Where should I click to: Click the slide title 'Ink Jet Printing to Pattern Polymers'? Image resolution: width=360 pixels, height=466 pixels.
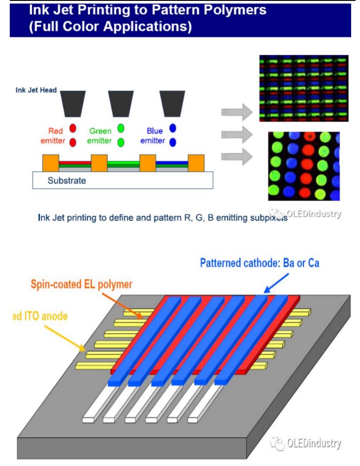(x=148, y=10)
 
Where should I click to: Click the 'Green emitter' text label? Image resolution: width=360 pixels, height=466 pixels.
(x=101, y=136)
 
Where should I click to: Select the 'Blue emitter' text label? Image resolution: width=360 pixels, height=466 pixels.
(x=153, y=136)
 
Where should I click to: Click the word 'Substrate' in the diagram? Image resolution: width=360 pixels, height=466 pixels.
(x=67, y=181)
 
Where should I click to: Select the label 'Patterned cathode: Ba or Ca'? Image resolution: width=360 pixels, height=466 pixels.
(x=259, y=263)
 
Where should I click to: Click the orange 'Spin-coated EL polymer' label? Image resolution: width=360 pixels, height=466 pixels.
(x=82, y=284)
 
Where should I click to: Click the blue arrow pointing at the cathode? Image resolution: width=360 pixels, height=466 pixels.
(x=276, y=283)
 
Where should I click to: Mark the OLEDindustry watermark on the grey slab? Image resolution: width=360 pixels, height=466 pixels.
(x=307, y=443)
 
